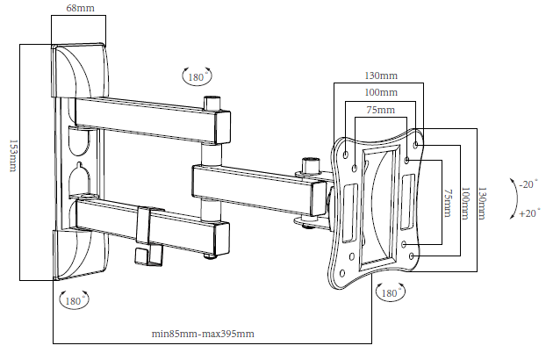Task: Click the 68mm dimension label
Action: (x=80, y=8)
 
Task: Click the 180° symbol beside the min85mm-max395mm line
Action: (x=386, y=292)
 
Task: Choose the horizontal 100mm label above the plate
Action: (x=381, y=92)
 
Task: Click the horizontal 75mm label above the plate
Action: (x=381, y=110)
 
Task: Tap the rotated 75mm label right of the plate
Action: (x=447, y=202)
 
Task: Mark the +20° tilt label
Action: (x=528, y=213)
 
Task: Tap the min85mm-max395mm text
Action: (x=203, y=334)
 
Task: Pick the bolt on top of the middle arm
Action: (x=308, y=164)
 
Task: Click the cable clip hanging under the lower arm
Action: (x=142, y=255)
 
